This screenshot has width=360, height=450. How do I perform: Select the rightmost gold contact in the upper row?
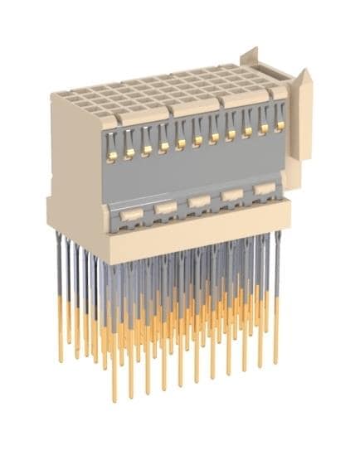pos(280,125)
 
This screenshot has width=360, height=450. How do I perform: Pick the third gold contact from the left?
pos(147,150)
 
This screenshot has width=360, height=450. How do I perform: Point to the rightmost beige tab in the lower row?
pos(265,189)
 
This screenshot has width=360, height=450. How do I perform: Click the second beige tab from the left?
pos(165,208)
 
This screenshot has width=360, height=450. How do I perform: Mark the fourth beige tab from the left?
pos(232,195)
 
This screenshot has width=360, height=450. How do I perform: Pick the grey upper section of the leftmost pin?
pos(59,265)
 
